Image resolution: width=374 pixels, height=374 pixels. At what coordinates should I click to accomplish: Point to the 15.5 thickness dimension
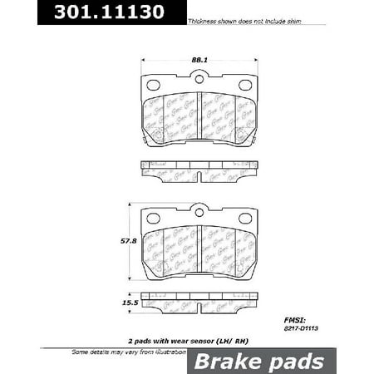(130, 305)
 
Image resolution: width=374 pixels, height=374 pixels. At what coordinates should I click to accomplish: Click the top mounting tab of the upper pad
(199, 78)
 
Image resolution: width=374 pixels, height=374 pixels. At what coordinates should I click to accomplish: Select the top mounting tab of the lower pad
(199, 211)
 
